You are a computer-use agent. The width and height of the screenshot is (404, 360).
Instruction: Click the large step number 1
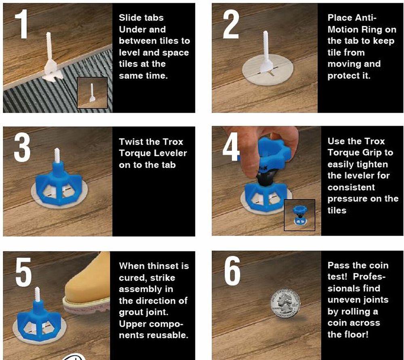point(21,24)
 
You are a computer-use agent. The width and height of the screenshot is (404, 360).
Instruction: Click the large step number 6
point(232,272)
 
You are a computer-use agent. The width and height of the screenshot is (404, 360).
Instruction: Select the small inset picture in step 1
point(92,93)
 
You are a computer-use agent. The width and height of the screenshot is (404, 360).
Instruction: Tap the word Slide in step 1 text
point(129,18)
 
